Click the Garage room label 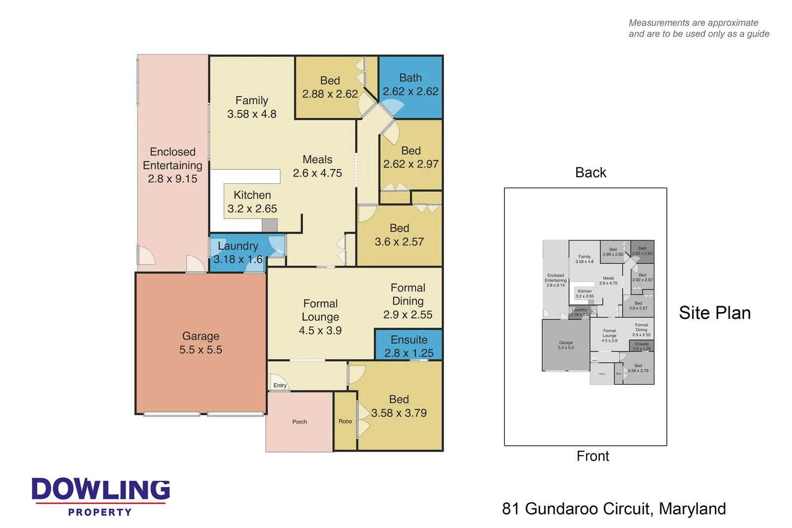[200, 336]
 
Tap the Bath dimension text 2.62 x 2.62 [410, 92]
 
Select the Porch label [299, 422]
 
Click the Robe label [345, 422]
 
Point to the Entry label [280, 385]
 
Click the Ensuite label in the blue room [409, 340]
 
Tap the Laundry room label [238, 246]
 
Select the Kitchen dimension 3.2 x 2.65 [252, 209]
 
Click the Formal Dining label [407, 294]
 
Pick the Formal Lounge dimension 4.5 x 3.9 [320, 330]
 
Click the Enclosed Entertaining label [172, 158]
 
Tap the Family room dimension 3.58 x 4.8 [251, 114]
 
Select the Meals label [317, 159]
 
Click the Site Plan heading [714, 313]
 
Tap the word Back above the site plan [591, 172]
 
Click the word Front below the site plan [593, 456]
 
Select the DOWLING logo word [101, 489]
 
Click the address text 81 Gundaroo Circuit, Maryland [614, 509]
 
